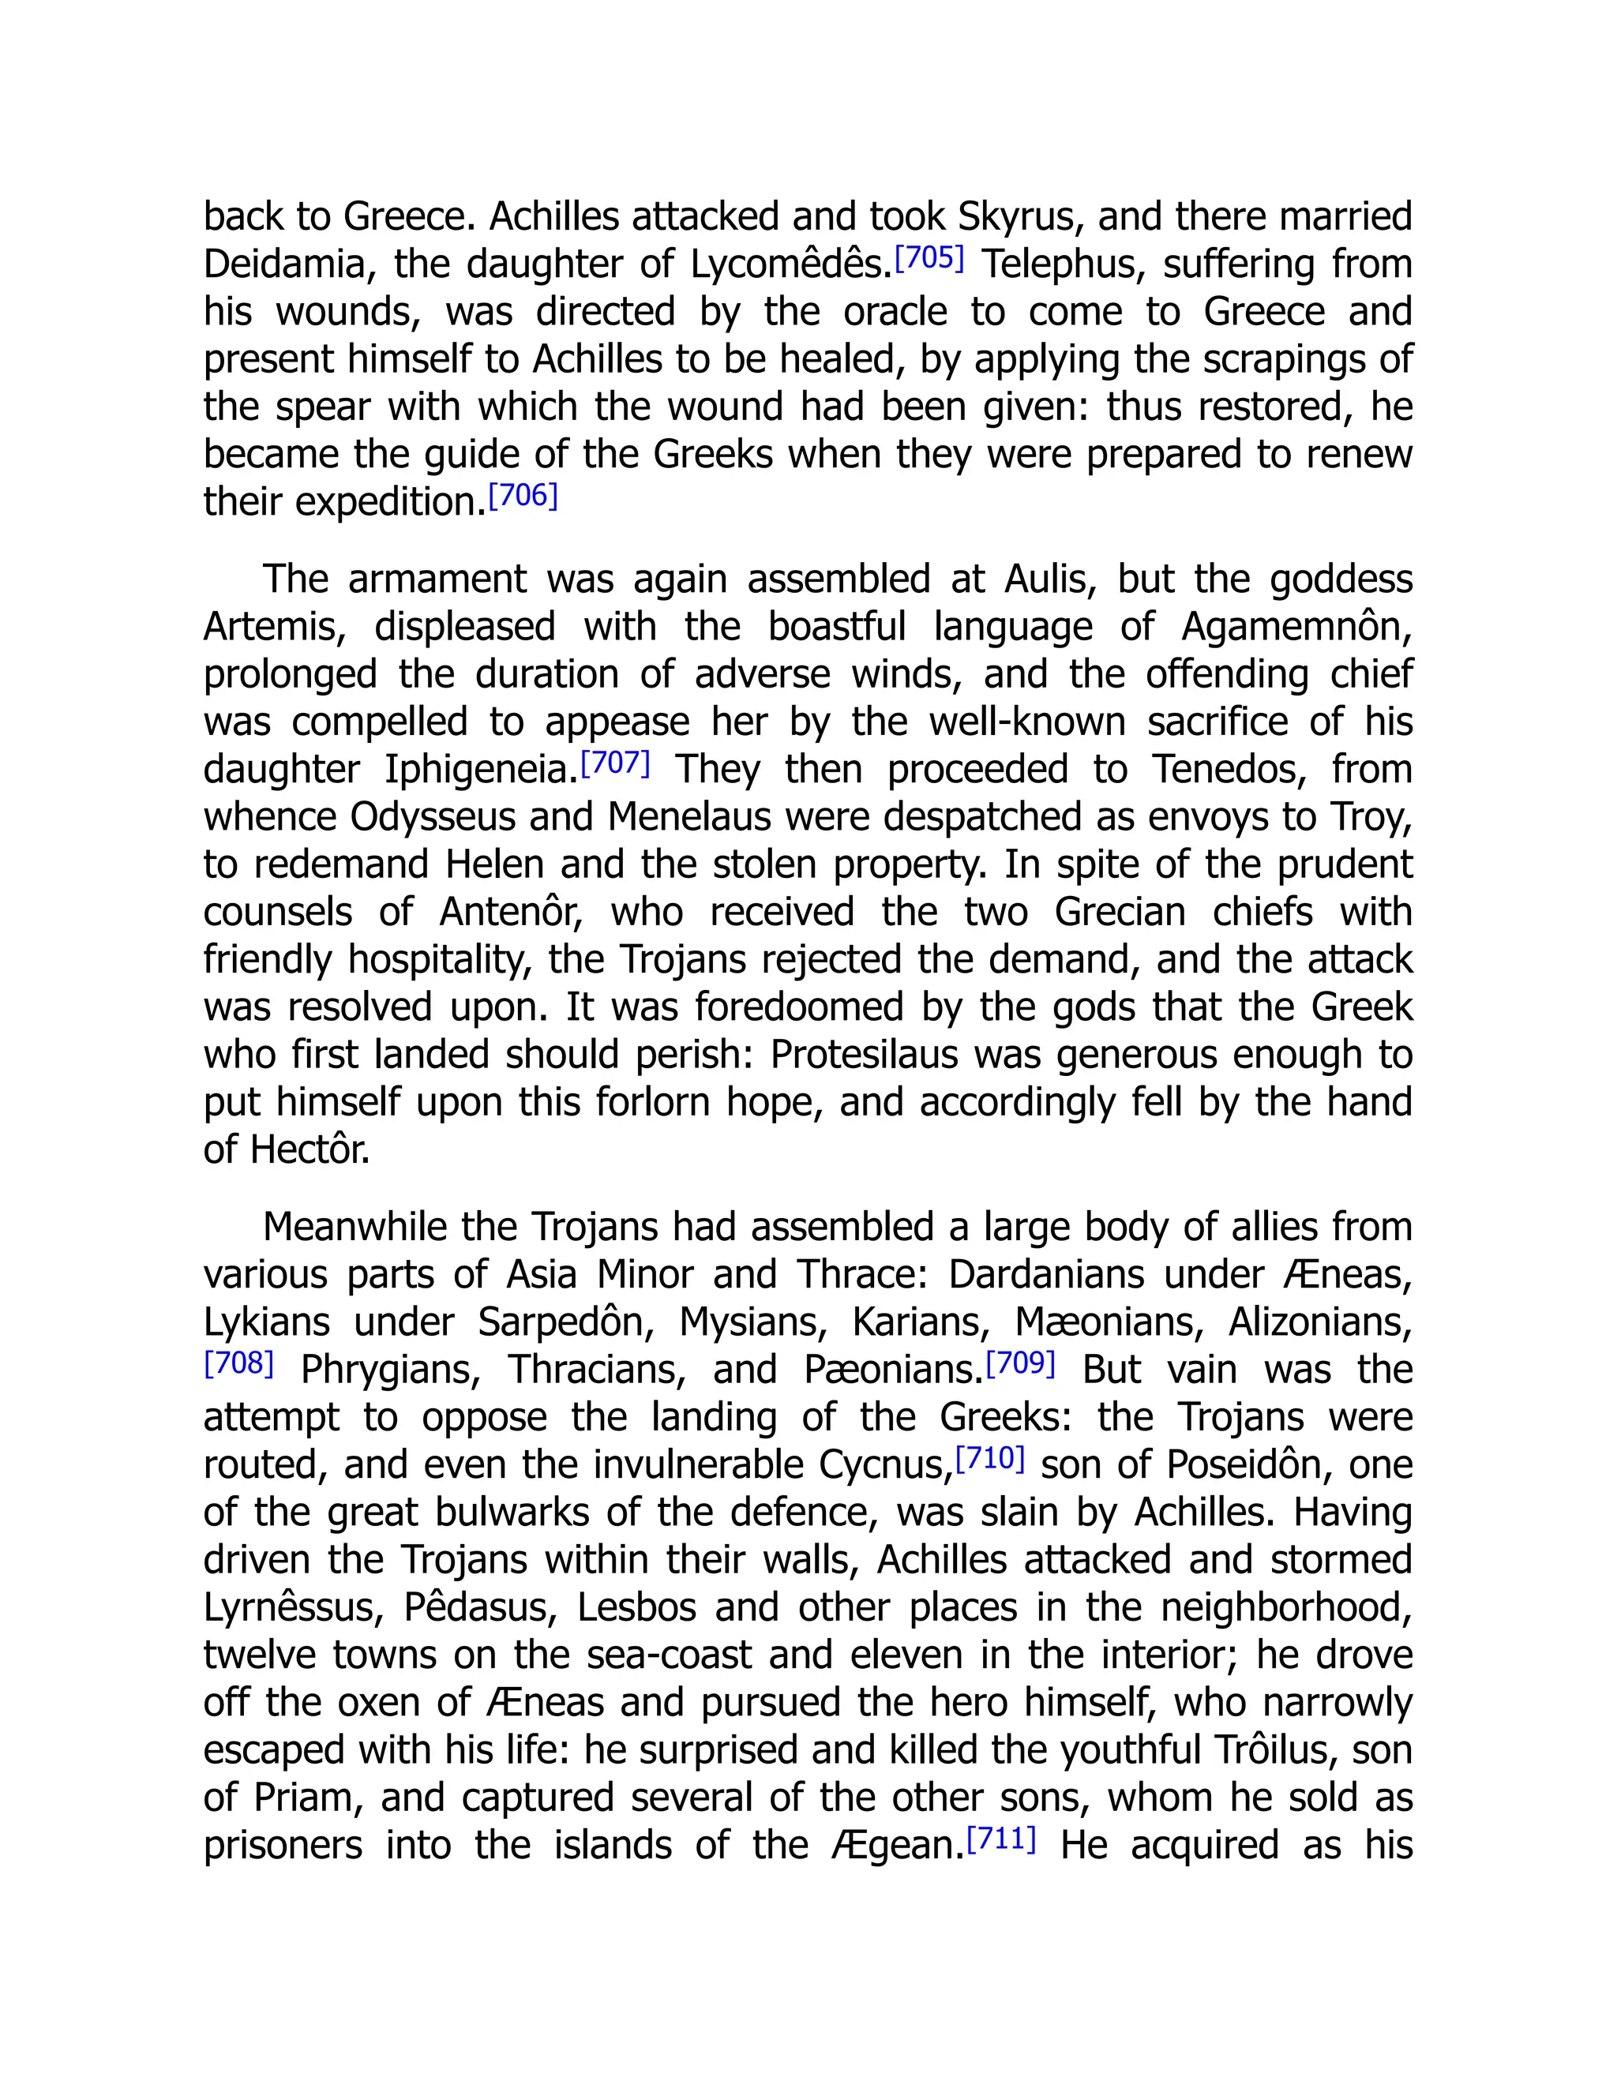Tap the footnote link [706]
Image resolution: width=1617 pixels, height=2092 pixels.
[x=523, y=497]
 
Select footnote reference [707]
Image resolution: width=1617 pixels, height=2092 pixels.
[x=616, y=763]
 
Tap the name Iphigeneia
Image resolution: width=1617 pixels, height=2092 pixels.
[x=481, y=770]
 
